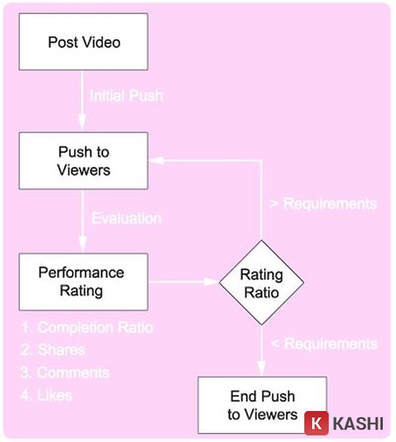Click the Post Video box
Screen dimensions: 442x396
[84, 43]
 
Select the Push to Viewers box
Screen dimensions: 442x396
[84, 161]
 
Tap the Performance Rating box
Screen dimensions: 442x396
[84, 281]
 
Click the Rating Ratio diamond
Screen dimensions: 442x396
[261, 283]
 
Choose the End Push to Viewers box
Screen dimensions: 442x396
[263, 405]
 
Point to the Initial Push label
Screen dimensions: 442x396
[125, 95]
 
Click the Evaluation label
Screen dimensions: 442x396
[125, 218]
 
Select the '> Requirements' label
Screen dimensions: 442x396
[323, 203]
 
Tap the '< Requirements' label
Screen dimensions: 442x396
[323, 344]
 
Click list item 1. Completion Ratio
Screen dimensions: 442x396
[86, 327]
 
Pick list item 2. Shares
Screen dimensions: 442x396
[53, 350]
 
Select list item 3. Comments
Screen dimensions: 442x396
[65, 372]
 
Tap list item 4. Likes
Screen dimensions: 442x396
[46, 395]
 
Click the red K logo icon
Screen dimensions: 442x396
[317, 422]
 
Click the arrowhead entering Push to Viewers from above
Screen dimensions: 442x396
[82, 126]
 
